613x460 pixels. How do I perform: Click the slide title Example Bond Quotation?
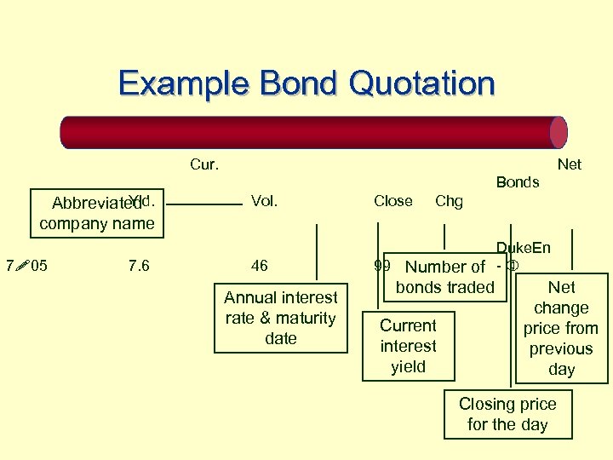(306, 83)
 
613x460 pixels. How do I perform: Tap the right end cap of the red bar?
(559, 132)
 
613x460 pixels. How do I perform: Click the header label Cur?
(204, 164)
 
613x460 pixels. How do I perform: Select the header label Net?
(569, 164)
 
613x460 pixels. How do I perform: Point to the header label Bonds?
(518, 181)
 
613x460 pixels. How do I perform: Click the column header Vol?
(264, 201)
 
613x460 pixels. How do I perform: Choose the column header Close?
(392, 201)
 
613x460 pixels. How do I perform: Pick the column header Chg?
(449, 201)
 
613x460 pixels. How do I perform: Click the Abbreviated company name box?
(97, 213)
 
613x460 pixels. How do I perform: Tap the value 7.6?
(138, 266)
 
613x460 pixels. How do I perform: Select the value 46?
(260, 266)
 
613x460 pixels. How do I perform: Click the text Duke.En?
(524, 248)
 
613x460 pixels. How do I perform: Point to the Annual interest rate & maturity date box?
(281, 319)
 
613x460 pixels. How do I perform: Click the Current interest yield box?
(408, 346)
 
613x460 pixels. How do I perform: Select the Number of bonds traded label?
(445, 277)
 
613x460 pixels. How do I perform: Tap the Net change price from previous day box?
(561, 328)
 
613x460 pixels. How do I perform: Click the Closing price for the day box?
(507, 414)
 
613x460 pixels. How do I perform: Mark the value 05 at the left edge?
(38, 266)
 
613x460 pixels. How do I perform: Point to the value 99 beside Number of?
(382, 266)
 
